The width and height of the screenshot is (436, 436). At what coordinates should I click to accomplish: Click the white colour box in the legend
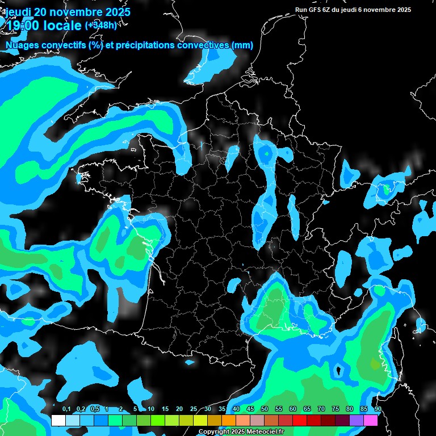coord(58,421)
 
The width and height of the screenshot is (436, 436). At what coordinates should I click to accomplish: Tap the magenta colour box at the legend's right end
coord(371,421)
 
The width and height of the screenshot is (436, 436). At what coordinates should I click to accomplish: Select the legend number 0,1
coord(66,409)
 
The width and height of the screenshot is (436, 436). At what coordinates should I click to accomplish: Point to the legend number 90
coord(378,409)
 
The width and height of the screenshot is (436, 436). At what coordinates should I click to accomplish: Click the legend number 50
coord(265,409)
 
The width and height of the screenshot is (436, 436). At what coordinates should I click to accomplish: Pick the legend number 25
coord(194,409)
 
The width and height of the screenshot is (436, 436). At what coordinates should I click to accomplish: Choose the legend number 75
coord(336,409)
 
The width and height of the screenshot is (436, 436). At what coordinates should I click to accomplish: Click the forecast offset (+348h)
coord(100,26)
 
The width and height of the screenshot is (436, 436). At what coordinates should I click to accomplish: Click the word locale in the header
coord(60,26)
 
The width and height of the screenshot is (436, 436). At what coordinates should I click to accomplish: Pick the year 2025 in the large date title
coord(118,12)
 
